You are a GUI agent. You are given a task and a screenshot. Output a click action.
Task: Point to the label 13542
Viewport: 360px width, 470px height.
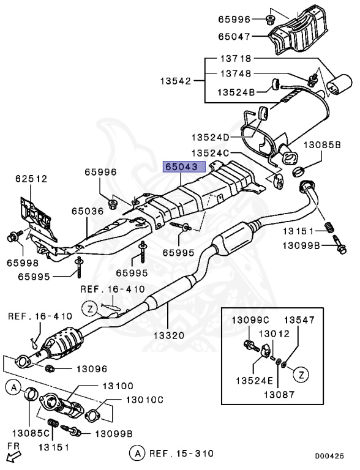(x=175, y=81)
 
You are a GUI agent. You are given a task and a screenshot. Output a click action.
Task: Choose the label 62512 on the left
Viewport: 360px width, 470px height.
(x=32, y=179)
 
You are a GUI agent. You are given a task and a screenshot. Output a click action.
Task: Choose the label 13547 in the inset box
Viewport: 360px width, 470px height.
(x=298, y=319)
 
